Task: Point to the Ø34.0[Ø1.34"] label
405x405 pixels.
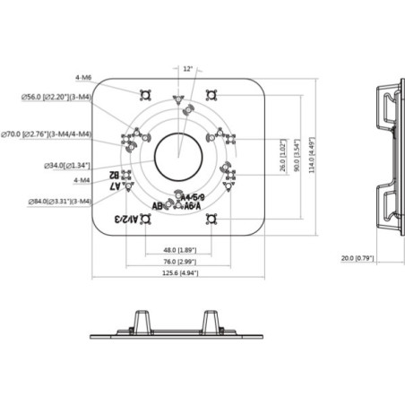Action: point(64,165)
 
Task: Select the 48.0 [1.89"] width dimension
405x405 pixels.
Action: point(179,250)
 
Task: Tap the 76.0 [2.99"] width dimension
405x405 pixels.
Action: point(179,262)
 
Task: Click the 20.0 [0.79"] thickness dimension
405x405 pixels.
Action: point(358,259)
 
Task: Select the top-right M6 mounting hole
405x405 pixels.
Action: point(213,94)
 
